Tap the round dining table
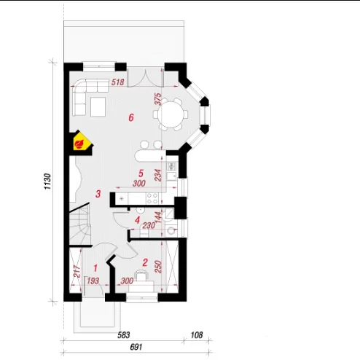[x=171, y=114]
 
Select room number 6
[x=131, y=118]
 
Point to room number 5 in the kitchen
[x=141, y=173]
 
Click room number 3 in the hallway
[x=98, y=194]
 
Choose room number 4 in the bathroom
[x=137, y=220]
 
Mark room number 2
[x=145, y=262]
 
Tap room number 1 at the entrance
[x=95, y=268]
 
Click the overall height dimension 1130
[x=47, y=181]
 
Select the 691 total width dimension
[x=136, y=347]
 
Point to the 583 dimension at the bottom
[x=124, y=335]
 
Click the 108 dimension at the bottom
[x=197, y=335]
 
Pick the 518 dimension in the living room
[x=118, y=82]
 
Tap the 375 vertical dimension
[x=158, y=99]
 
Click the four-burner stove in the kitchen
[x=152, y=198]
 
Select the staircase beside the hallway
[x=80, y=224]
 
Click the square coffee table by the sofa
[x=98, y=107]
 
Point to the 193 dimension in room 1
[x=93, y=281]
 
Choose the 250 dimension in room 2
[x=158, y=267]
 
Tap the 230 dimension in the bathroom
[x=149, y=226]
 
